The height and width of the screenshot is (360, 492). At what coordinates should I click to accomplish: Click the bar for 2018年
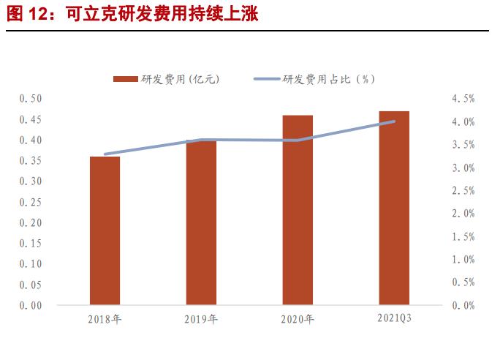point(105,230)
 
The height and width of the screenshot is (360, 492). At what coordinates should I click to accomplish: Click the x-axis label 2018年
point(105,319)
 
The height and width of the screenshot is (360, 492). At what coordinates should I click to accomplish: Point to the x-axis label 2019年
point(201,319)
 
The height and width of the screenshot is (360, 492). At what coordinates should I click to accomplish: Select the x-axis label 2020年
point(298,319)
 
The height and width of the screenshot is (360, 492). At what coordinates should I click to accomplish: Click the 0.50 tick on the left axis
point(31,98)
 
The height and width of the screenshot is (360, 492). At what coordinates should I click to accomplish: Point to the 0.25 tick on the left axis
point(31,202)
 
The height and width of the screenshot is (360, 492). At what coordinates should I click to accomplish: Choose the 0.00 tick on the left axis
point(31,305)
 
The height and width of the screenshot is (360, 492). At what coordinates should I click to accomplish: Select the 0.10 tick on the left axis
point(31,264)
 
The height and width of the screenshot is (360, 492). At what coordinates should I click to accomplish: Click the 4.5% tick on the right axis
point(463,98)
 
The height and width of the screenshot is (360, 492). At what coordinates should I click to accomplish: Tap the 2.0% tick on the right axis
point(463,214)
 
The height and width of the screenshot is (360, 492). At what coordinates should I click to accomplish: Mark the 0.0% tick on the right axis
point(463,305)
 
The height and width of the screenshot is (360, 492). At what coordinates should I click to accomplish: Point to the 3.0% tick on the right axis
point(463,168)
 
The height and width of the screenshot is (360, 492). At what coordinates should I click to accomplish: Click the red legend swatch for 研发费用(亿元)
point(126,78)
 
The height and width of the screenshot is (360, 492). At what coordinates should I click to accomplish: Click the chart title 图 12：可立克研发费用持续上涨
point(132,14)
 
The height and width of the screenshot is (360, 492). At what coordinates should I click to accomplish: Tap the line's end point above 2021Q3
point(394,121)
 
